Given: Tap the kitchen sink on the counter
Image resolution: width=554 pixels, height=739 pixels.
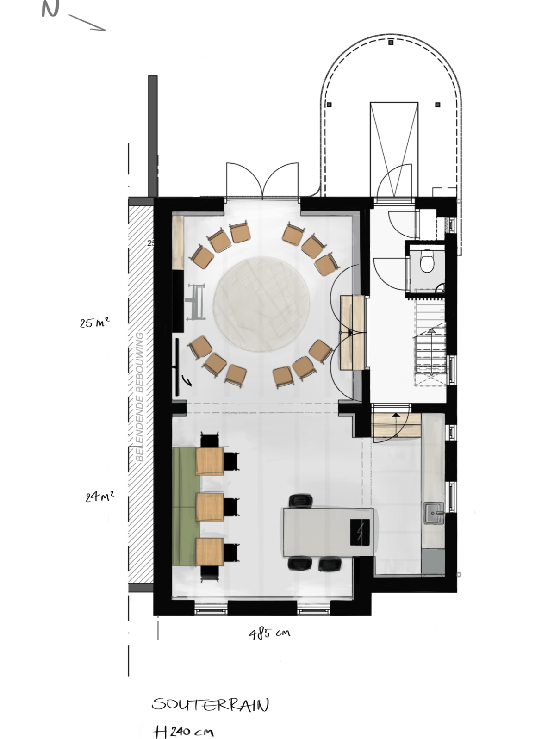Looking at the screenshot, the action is click(434, 513).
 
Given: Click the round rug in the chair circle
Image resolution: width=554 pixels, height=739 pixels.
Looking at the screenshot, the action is click(261, 304).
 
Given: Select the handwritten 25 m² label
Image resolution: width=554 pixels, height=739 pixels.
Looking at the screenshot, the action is click(94, 323).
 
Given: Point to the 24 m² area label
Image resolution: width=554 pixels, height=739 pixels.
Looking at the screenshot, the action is click(100, 496).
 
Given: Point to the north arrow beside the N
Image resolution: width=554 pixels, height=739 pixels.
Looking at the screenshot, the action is click(87, 23).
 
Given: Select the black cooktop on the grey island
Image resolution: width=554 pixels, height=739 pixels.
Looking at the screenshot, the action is click(360, 532).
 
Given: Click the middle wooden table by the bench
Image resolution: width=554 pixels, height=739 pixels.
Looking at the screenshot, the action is click(210, 507).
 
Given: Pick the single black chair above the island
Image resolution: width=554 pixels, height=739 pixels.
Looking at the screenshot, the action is click(300, 501).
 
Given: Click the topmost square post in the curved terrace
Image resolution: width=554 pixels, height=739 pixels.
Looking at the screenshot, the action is click(391, 43).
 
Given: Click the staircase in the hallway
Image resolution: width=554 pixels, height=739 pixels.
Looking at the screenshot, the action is click(430, 343).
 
